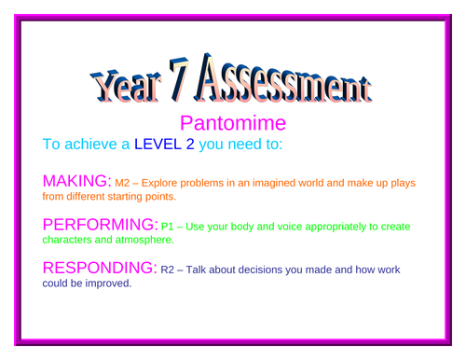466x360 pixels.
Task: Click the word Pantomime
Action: click(x=232, y=123)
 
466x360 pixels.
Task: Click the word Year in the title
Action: click(x=126, y=85)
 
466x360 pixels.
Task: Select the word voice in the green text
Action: click(x=290, y=227)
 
